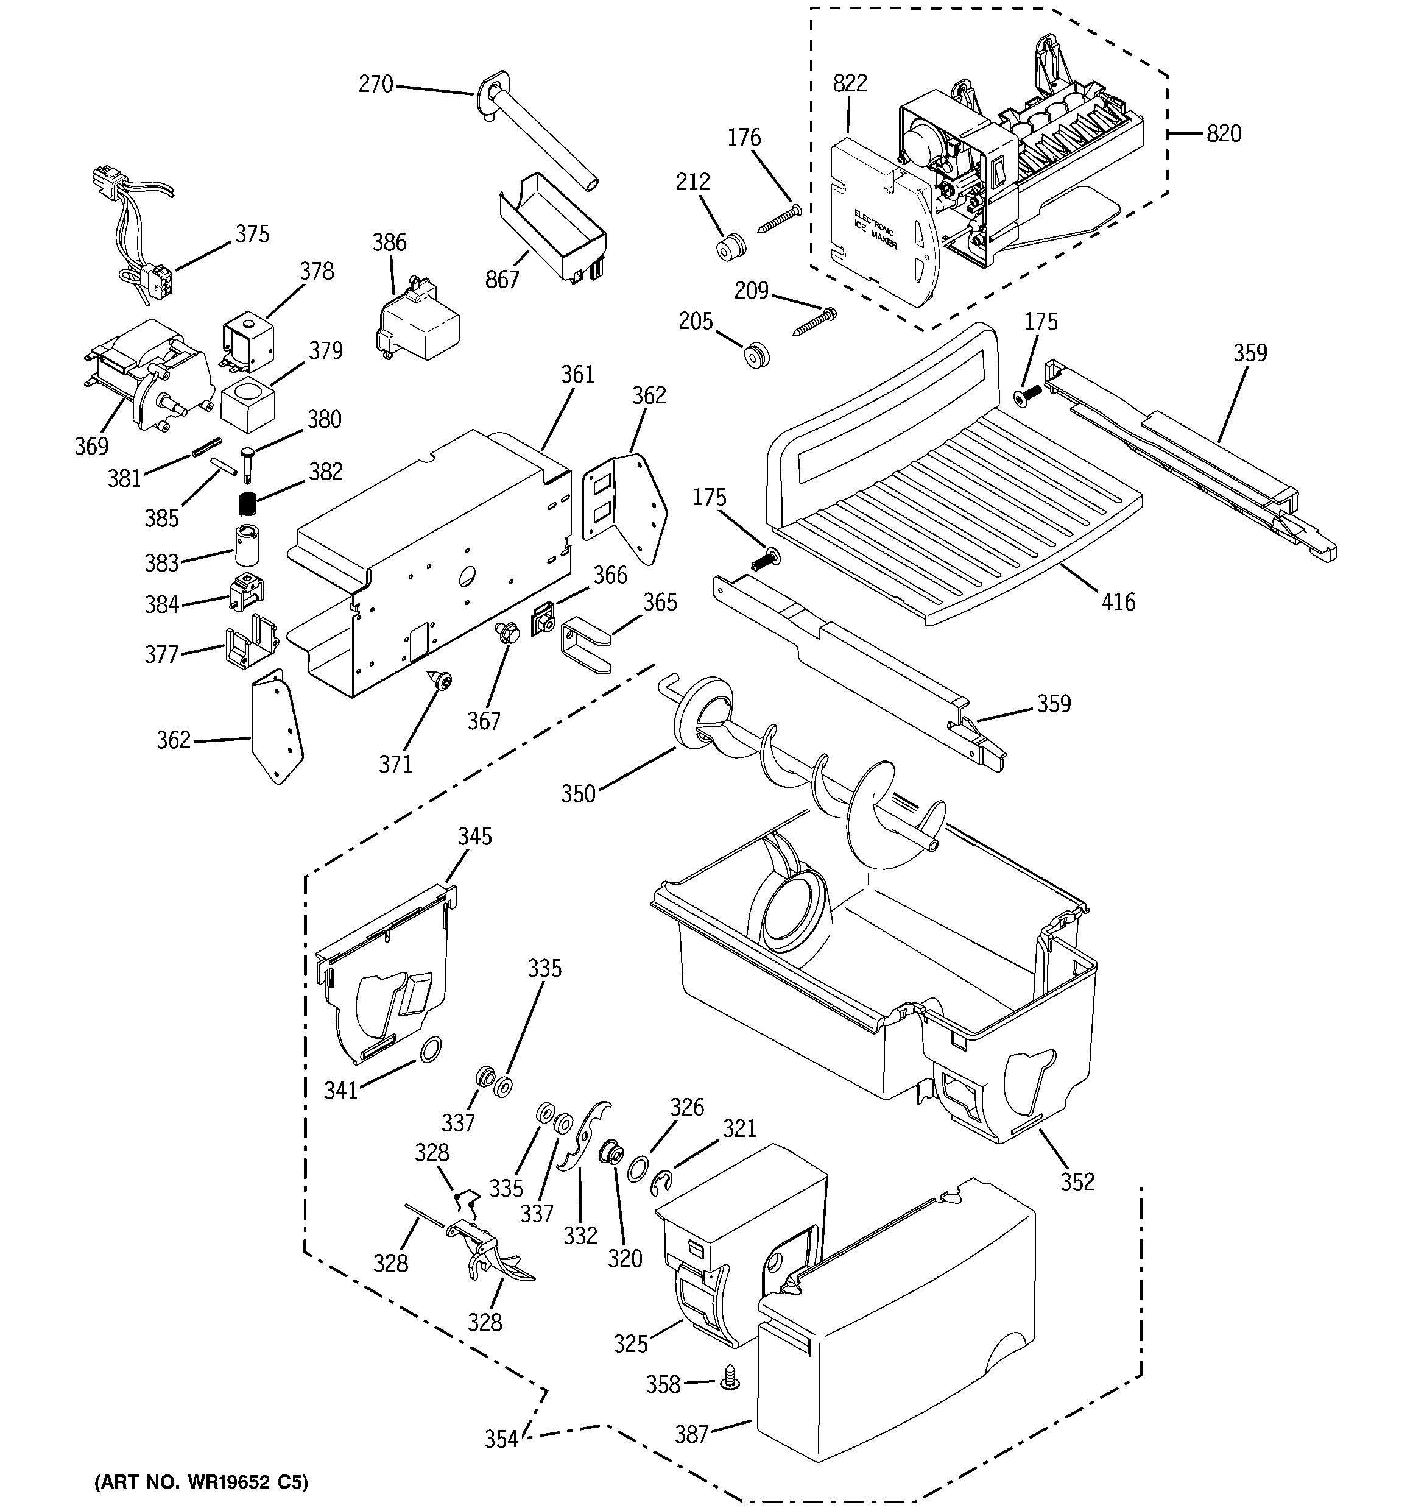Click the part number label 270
click(x=375, y=83)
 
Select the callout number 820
click(x=1224, y=133)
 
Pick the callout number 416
click(x=1118, y=603)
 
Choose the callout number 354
click(x=501, y=1439)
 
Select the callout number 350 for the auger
click(x=578, y=793)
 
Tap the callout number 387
click(x=691, y=1434)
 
